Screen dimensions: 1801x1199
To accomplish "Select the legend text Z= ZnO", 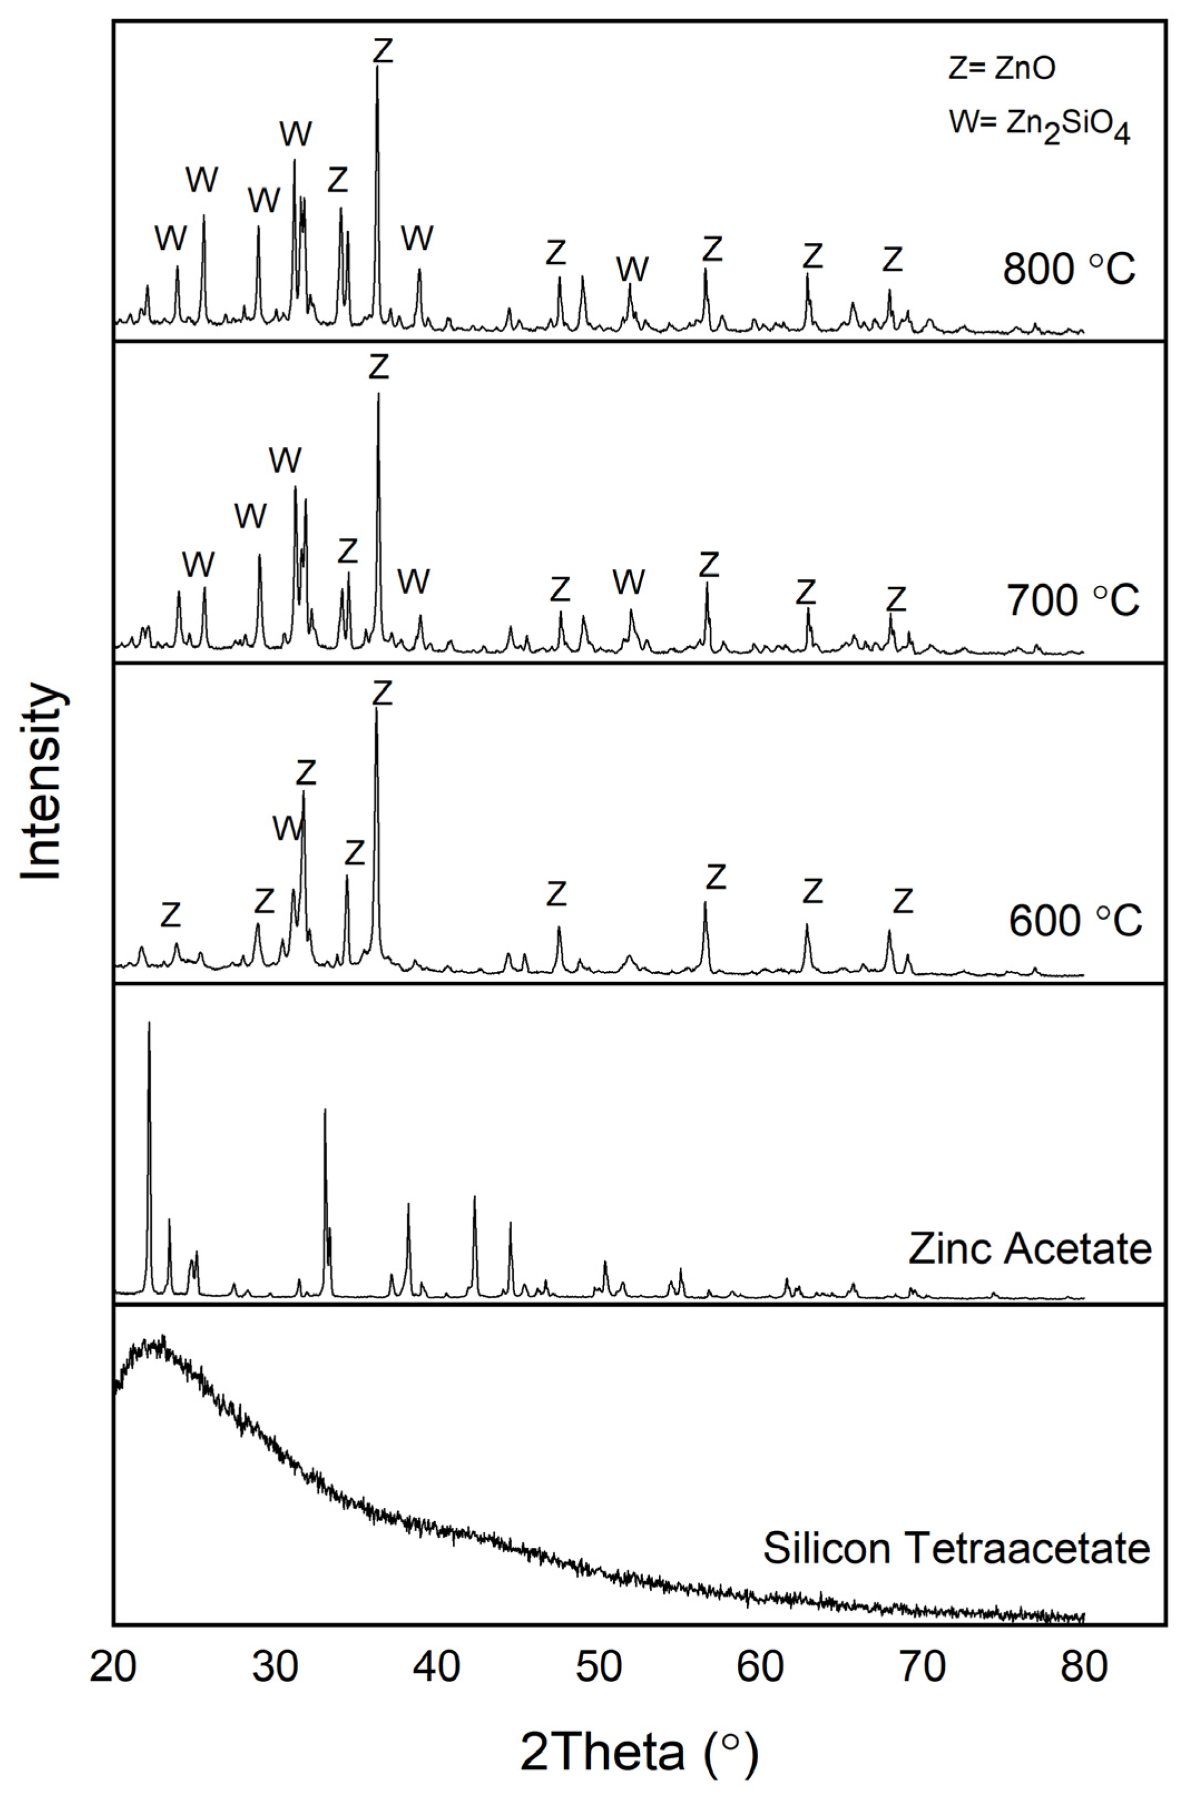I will [x=1001, y=69].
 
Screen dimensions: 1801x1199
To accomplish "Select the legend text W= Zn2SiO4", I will [x=1039, y=125].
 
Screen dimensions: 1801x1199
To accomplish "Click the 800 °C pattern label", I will [x=1068, y=269].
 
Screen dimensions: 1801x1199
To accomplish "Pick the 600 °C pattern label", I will [x=1074, y=921].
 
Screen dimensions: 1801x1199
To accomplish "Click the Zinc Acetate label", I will [x=1029, y=1249].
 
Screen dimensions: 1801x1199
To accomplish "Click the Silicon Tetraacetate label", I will [x=956, y=1543].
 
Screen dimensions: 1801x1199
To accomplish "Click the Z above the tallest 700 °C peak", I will [x=378, y=367].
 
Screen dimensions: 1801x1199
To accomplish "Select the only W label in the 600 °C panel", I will [x=288, y=828].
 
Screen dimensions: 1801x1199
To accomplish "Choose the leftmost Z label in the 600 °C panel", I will [x=170, y=914].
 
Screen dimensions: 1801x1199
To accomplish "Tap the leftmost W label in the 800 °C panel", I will [x=170, y=239].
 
